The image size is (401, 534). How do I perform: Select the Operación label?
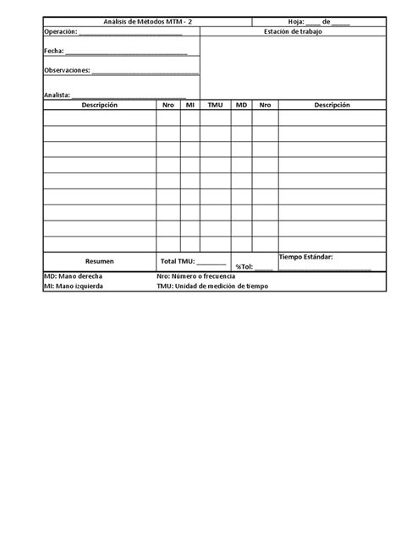(60, 32)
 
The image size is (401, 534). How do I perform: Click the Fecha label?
(53, 52)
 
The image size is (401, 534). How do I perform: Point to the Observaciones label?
(67, 71)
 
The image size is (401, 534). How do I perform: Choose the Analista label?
(58, 95)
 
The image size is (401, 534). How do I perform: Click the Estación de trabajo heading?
(293, 32)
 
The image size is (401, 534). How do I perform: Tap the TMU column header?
(215, 105)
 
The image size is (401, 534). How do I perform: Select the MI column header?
(190, 105)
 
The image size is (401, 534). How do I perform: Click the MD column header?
(241, 105)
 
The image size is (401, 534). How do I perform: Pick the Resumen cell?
(100, 261)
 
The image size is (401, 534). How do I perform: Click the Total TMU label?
(177, 261)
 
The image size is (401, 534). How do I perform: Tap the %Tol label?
(244, 267)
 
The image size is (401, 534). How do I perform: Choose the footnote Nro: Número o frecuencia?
(196, 276)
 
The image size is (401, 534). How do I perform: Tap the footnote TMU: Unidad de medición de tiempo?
(211, 286)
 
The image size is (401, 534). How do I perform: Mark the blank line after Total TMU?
(211, 263)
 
